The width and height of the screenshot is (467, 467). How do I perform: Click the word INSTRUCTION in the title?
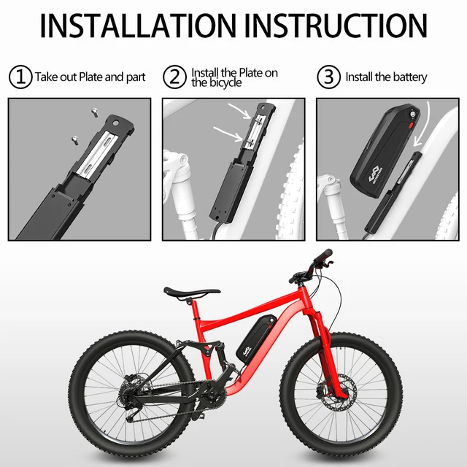336,25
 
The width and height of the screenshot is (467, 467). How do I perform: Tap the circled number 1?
19,76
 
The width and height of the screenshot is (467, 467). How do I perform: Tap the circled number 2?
174,76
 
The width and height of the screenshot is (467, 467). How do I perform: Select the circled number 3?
329,76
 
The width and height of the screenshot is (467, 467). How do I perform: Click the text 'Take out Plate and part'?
90,77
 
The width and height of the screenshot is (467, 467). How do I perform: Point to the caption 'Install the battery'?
385,77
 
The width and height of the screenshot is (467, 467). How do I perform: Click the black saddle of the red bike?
190,291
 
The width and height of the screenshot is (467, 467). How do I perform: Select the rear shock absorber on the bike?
217,355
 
